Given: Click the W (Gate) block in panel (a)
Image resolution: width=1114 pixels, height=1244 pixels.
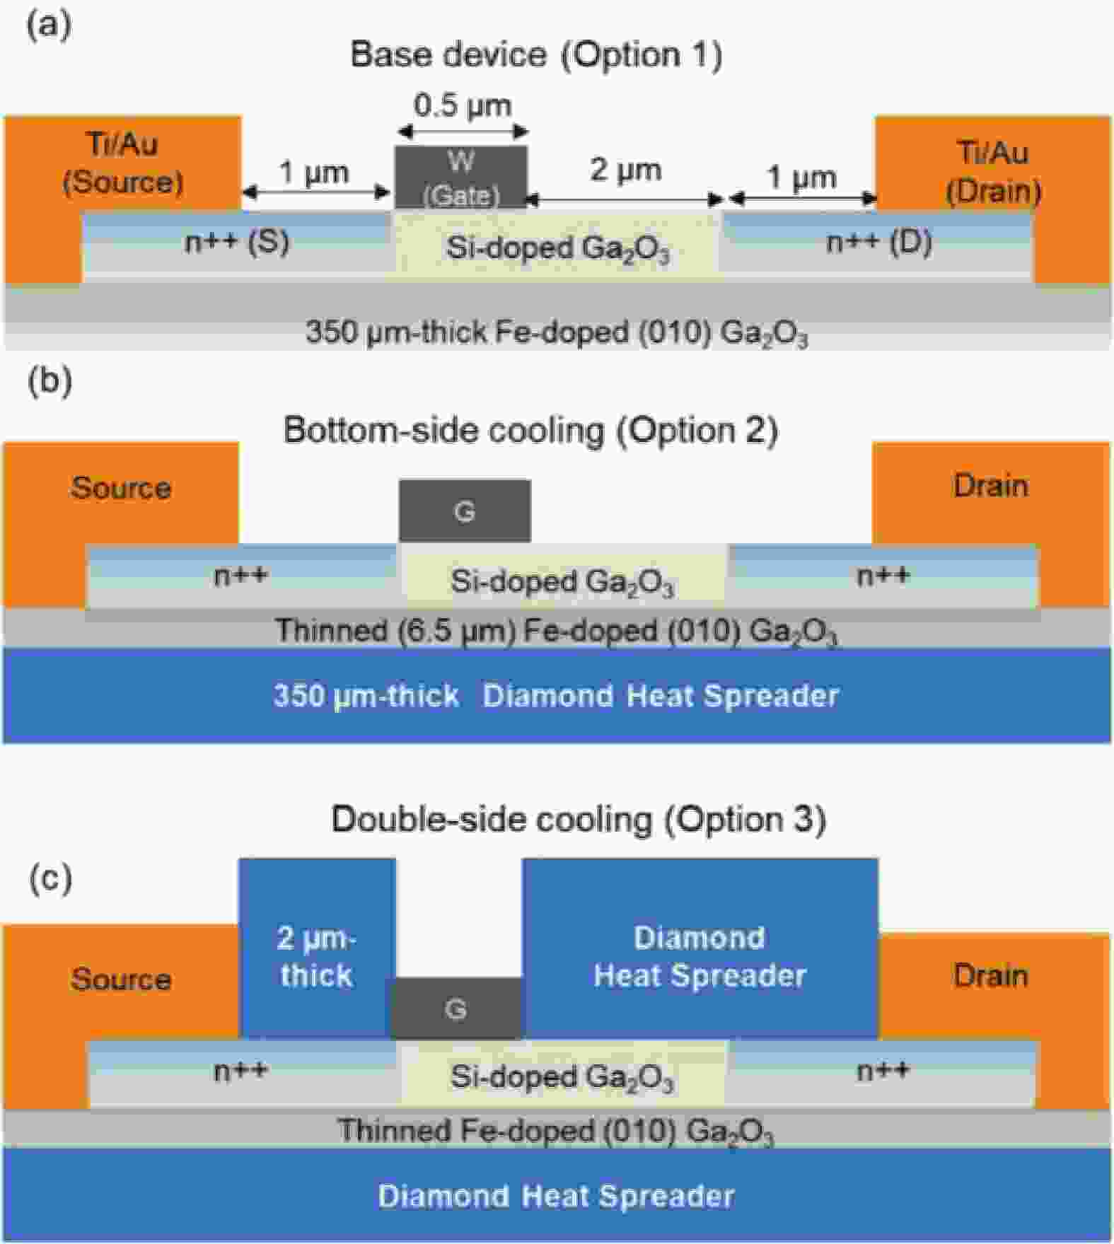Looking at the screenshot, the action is [x=460, y=177].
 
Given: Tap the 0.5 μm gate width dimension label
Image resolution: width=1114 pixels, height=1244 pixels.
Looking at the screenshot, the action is [x=462, y=105].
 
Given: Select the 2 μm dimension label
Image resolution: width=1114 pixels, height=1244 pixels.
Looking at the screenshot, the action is [x=626, y=170].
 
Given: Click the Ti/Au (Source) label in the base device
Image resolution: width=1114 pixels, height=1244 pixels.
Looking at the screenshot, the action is [x=123, y=163].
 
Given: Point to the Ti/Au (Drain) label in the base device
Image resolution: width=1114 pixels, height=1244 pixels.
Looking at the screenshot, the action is [x=993, y=172].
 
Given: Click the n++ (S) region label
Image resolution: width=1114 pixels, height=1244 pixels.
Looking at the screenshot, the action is [x=237, y=243].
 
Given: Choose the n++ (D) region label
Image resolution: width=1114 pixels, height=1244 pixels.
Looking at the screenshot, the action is [x=879, y=243].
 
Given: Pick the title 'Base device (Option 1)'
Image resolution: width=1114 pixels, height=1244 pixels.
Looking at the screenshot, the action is [x=537, y=54].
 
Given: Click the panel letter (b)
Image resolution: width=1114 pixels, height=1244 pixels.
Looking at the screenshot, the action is [x=50, y=380].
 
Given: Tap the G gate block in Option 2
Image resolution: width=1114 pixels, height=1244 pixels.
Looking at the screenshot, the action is [x=465, y=511].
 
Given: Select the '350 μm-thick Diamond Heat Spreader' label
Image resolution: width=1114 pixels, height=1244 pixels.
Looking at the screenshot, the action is [x=556, y=696].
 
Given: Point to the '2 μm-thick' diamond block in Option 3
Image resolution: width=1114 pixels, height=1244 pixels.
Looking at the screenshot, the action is [x=317, y=948].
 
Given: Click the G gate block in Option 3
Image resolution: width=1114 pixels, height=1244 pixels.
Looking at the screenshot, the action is [x=456, y=1008].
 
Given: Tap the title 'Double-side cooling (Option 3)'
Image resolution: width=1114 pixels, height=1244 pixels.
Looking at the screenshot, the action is [x=579, y=820].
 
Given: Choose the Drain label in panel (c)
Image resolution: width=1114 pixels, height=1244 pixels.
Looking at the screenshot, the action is [x=991, y=976].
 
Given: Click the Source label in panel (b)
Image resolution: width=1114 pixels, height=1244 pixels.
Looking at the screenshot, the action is [x=121, y=488].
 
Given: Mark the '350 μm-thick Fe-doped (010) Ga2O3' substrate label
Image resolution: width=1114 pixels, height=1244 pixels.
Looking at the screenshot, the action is [x=557, y=332].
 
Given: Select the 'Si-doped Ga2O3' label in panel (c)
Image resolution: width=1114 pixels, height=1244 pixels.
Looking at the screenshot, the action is [x=562, y=1077].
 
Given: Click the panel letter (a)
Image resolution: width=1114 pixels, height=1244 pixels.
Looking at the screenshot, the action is [x=49, y=25].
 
